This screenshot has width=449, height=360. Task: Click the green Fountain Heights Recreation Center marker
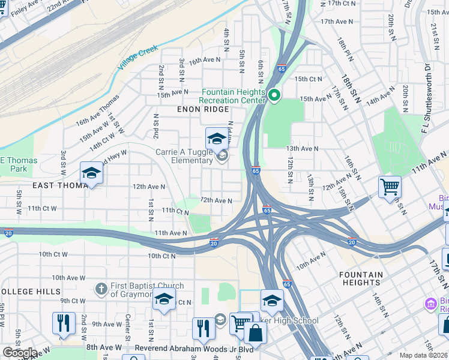[x=275, y=95]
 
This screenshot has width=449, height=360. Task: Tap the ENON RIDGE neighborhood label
[x=203, y=109]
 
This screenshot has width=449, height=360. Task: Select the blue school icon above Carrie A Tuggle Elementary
[x=217, y=139]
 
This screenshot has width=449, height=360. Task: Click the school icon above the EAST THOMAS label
[x=91, y=173]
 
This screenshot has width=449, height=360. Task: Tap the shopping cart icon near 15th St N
[x=390, y=187]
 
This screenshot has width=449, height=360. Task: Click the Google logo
[x=19, y=353]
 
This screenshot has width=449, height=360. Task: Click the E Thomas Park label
[x=19, y=164]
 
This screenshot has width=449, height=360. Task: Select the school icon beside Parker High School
[x=272, y=301]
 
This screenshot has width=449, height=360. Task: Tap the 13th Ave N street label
[x=302, y=148]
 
